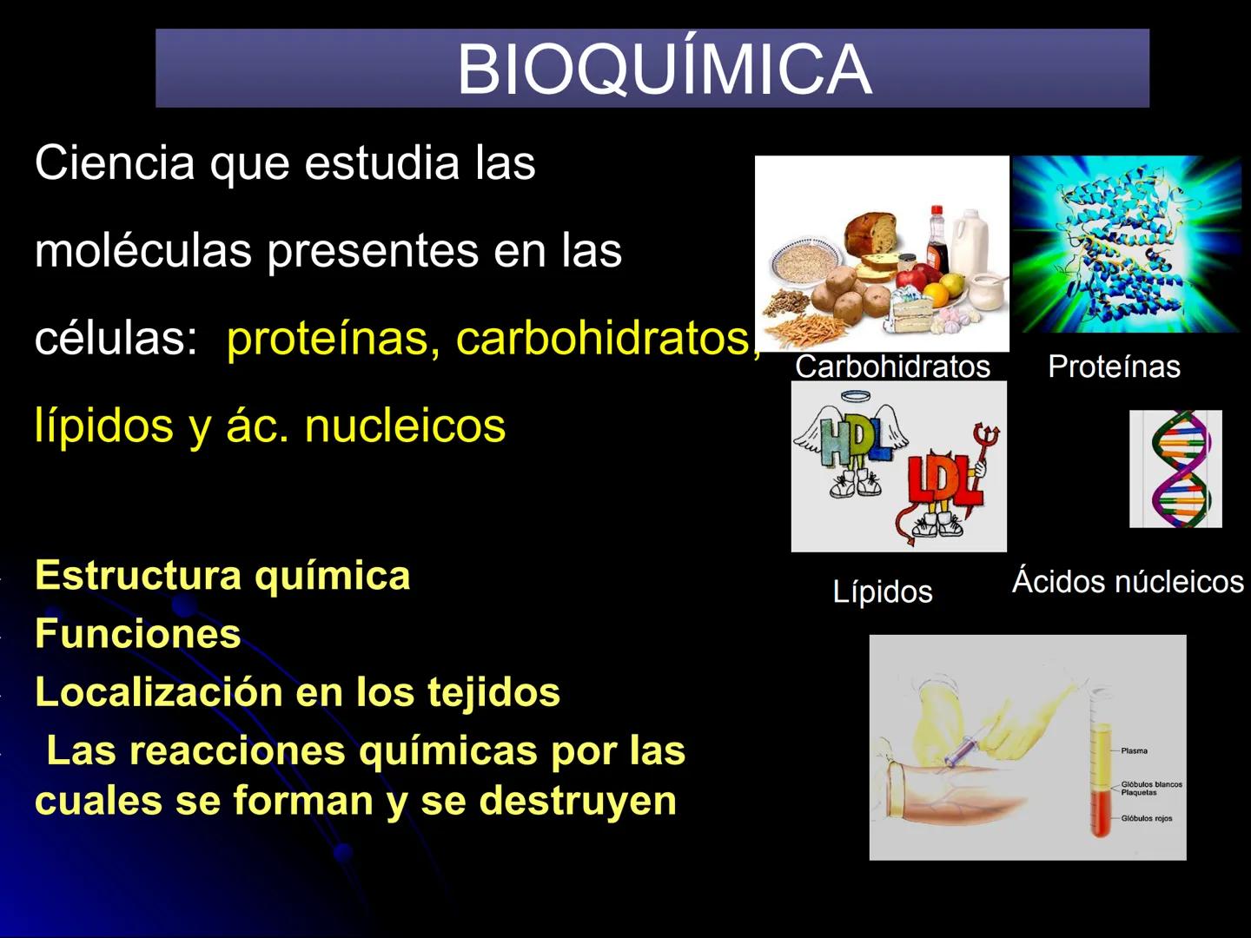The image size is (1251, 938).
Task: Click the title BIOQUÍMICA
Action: tap(664, 69)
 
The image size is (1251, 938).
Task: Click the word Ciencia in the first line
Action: tap(115, 162)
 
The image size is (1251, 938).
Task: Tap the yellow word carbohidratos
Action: tap(603, 338)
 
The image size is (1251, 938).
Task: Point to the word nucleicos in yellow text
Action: tap(405, 426)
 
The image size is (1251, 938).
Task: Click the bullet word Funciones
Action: tap(137, 634)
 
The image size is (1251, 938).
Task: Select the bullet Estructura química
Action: tap(222, 576)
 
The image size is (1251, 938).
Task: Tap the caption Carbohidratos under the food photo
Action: tap(892, 367)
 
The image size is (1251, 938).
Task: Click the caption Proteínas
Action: tap(1114, 367)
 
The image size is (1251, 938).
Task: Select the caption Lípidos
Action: tap(882, 591)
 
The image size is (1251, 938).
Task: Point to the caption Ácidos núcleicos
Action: tap(1128, 581)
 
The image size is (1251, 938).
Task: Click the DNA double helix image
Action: tap(1175, 469)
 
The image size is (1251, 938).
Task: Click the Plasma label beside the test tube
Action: tap(1134, 750)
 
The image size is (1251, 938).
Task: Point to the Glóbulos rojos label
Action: tap(1146, 818)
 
